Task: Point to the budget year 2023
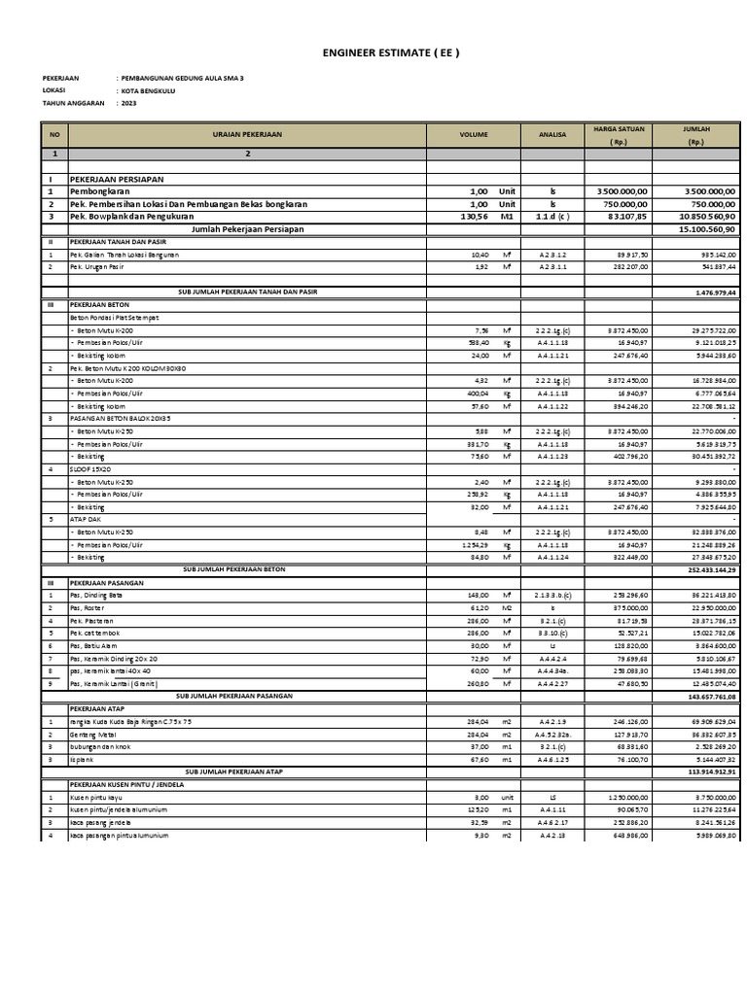(129, 102)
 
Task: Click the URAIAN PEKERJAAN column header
(248, 135)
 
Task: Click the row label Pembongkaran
(101, 192)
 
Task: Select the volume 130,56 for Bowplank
(472, 217)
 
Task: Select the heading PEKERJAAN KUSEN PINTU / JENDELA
(126, 783)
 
